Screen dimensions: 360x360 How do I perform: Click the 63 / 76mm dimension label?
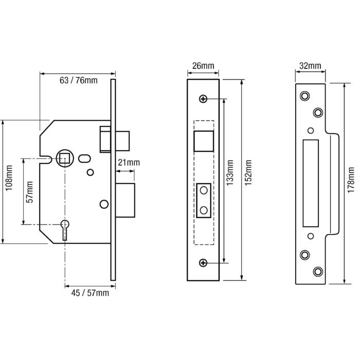79,80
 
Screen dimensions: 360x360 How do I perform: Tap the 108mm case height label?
9,178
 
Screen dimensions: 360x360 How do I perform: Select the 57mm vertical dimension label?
30,192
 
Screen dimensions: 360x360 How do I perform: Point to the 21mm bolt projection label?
129,163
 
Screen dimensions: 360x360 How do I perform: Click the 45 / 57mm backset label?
90,293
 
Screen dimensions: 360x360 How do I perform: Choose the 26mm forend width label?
203,66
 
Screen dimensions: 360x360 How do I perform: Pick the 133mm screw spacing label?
230,173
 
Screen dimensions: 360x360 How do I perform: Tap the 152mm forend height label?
248,173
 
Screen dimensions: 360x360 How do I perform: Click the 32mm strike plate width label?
310,66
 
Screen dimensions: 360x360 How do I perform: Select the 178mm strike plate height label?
351,180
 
